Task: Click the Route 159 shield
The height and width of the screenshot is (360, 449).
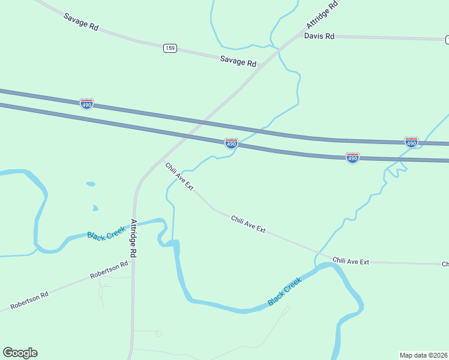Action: coord(170,48)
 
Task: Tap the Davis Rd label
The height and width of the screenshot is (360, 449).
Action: coord(319,36)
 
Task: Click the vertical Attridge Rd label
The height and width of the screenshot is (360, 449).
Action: coord(134,238)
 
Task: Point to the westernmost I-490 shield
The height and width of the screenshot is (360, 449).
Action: coord(86,103)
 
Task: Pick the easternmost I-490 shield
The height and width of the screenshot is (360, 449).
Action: coord(411,142)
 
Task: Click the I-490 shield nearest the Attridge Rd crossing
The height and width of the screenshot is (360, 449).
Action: coord(231,143)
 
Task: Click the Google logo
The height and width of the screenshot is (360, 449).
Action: coord(20,353)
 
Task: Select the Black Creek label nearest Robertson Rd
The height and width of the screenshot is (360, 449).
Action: coord(106,233)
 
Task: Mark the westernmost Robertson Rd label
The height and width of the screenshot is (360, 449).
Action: coord(28,302)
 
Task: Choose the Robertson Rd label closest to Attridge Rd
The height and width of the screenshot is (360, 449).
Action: coord(109,269)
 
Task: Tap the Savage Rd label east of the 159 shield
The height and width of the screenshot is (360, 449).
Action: coord(238,61)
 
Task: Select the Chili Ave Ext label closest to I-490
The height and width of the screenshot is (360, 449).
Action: coord(179,176)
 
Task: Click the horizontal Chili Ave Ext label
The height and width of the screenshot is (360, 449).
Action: coord(351,261)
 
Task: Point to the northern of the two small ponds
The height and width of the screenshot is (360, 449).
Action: coord(91,184)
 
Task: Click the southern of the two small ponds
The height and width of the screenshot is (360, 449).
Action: coord(95,208)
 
